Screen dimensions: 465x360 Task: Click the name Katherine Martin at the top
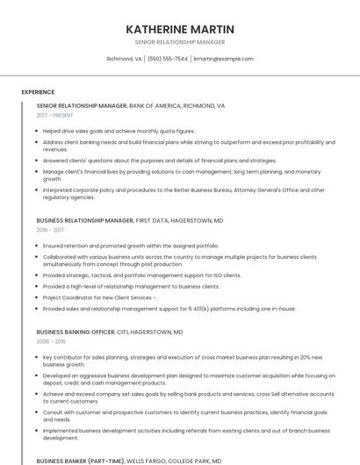180,29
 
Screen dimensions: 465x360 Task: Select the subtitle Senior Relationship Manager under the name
180,42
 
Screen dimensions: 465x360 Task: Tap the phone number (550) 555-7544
168,59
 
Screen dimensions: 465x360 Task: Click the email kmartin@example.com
223,59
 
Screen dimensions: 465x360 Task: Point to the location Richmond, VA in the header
124,59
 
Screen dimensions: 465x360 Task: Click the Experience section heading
38,92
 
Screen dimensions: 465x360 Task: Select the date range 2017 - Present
54,115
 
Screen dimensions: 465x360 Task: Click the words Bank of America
155,105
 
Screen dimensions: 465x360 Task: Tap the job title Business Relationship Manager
85,220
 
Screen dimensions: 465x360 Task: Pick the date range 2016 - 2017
50,230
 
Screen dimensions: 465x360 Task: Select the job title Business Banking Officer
76,333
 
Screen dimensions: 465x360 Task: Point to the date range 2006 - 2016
50,342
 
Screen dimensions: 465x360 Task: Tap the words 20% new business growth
316,358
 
